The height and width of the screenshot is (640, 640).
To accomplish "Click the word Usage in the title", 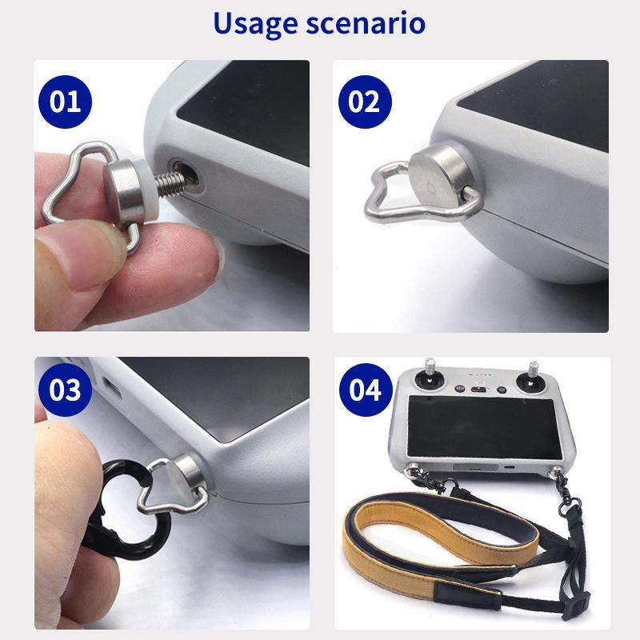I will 254,24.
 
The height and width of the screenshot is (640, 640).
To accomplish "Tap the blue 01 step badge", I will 65,102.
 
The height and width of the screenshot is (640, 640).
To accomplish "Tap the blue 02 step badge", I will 364,102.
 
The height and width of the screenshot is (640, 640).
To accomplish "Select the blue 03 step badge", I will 65,390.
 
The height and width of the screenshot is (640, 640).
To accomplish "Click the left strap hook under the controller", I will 420,478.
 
